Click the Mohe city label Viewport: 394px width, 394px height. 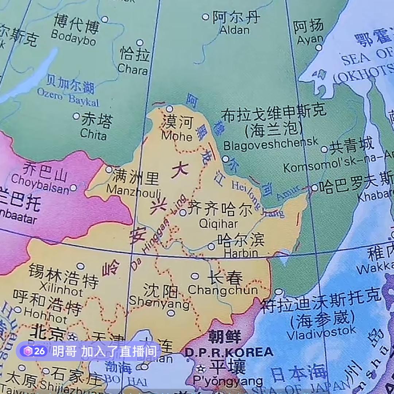coord(177,129)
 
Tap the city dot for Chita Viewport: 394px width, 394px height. coord(76,116)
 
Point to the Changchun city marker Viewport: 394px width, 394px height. coord(195,276)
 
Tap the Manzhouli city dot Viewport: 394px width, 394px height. coord(109,170)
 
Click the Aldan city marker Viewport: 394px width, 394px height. coord(205,17)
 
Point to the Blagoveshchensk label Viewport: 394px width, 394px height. coord(271,144)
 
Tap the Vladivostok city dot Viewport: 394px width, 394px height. coord(278,292)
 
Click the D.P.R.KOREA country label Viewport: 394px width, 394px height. coord(229,352)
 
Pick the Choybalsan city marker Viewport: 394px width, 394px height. coord(73,188)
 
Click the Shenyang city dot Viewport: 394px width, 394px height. coord(171,313)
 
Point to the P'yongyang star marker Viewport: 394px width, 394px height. coord(200,368)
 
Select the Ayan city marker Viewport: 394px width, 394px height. coord(318,47)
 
